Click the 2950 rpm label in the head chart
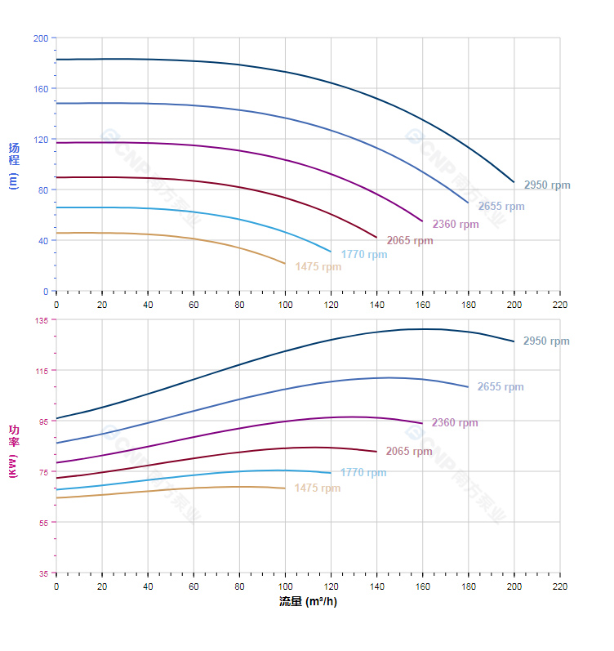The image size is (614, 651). [547, 185]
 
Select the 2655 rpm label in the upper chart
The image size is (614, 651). [501, 207]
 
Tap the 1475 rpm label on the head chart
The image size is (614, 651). [318, 266]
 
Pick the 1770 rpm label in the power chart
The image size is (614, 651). [363, 473]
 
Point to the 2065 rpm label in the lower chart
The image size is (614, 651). [409, 452]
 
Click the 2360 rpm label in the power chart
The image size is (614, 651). [455, 423]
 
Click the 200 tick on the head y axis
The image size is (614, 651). [40, 38]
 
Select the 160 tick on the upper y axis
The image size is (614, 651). [40, 89]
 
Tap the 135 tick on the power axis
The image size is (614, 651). [40, 320]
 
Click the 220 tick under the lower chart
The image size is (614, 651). [559, 587]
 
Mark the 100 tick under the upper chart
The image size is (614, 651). [285, 305]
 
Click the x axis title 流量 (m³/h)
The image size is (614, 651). [308, 602]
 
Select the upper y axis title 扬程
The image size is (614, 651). [13, 154]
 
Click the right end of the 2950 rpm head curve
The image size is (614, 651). [514, 182]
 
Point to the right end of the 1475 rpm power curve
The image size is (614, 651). [285, 488]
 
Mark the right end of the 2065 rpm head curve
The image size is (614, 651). [376, 238]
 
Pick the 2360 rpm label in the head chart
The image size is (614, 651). [456, 225]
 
